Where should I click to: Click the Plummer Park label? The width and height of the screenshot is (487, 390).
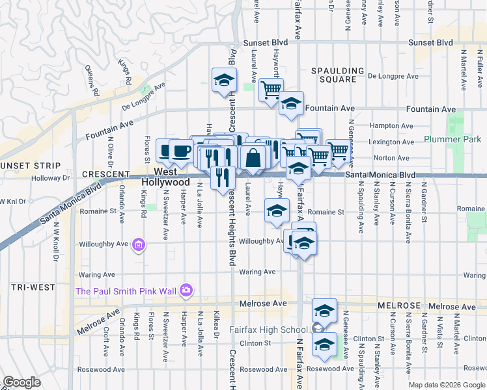click(452, 139)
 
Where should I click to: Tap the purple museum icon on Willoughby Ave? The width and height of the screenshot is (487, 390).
click(137, 245)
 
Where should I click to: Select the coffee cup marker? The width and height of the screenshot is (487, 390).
click(182, 152)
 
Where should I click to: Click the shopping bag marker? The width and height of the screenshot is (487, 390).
click(253, 158)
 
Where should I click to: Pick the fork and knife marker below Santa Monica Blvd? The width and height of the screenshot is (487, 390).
click(223, 176)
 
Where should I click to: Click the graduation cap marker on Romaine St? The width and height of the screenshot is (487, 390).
click(277, 211)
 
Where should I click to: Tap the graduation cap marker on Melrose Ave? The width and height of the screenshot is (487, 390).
click(324, 310)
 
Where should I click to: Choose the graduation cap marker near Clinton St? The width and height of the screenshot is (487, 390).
click(324, 344)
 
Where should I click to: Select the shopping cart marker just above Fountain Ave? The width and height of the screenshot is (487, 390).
click(271, 90)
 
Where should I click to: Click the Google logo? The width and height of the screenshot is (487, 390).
click(22, 382)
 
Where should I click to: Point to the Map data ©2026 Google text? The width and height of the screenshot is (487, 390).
click(446, 384)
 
